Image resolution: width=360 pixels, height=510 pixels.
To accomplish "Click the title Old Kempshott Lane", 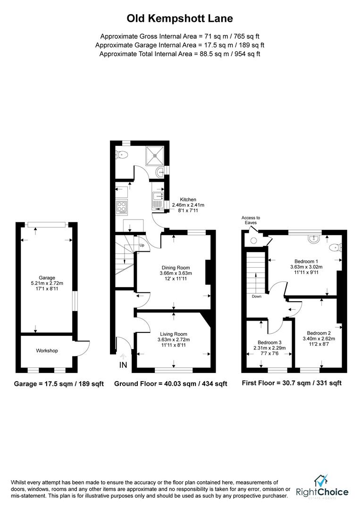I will click(x=180, y=19).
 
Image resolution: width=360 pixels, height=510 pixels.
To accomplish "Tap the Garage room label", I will click(x=47, y=278).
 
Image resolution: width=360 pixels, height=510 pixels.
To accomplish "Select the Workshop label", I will click(x=47, y=351).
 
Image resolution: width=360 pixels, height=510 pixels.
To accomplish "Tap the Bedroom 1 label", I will click(x=306, y=261).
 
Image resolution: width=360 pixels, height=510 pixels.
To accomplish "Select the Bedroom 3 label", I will click(x=269, y=342).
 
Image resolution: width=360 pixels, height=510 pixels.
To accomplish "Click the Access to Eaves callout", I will click(x=251, y=220).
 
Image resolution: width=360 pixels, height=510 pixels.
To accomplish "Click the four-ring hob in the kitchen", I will click(x=121, y=206).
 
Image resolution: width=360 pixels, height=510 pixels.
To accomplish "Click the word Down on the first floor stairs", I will click(x=256, y=297).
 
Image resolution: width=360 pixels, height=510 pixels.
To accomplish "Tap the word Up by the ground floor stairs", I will click(x=142, y=246).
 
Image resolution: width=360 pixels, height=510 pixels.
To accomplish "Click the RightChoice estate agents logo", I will click(x=322, y=487).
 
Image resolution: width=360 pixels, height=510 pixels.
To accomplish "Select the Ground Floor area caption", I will click(x=170, y=384).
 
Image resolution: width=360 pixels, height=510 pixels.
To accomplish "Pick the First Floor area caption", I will click(x=291, y=383).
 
